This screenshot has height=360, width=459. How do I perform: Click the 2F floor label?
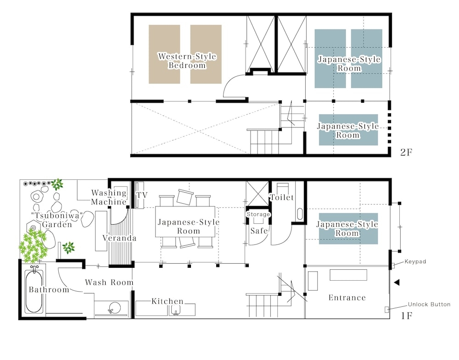click(x=406, y=152)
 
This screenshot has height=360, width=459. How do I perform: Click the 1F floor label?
click(x=406, y=316)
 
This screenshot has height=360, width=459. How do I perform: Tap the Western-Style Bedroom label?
click(x=187, y=61)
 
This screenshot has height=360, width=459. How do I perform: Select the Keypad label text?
click(x=415, y=261)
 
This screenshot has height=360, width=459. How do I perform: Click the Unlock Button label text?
click(x=429, y=304)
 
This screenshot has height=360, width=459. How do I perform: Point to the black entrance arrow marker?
click(x=397, y=282)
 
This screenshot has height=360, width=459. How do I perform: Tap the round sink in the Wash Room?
click(x=114, y=308)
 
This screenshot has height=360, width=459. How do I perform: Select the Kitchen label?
click(x=168, y=301)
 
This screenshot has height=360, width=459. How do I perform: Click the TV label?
click(x=142, y=195)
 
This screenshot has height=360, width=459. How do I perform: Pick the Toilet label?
click(x=282, y=197)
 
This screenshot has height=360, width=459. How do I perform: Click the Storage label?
click(x=258, y=214)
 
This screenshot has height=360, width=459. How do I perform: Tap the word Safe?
click(x=259, y=231)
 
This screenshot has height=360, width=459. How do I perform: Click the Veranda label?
click(x=119, y=238)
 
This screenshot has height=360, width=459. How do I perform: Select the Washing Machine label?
click(x=109, y=197)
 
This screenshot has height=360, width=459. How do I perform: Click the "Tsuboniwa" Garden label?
click(x=57, y=220)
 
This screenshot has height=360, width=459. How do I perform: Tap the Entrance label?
click(x=347, y=298)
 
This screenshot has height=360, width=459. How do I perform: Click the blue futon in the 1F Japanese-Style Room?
click(x=348, y=229)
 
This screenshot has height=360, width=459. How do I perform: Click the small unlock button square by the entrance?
click(x=386, y=309)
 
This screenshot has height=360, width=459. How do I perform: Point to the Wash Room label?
click(x=109, y=282)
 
